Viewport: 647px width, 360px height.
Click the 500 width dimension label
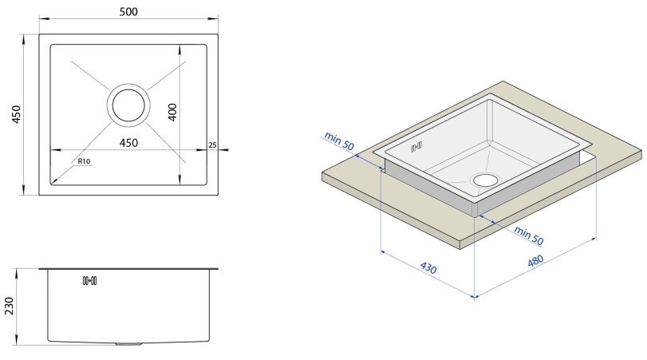click(x=128, y=11)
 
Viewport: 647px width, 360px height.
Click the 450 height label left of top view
click(x=16, y=114)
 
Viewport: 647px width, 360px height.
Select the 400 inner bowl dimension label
click(x=172, y=112)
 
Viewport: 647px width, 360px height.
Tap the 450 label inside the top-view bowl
click(x=128, y=143)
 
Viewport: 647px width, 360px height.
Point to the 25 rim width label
click(x=212, y=145)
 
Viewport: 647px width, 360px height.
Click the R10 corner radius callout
click(x=84, y=161)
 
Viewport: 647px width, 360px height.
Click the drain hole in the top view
click(x=128, y=105)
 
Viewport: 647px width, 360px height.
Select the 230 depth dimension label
click(x=9, y=306)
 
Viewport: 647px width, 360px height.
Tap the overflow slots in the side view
click(x=89, y=281)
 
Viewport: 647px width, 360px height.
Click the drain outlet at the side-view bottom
click(x=128, y=343)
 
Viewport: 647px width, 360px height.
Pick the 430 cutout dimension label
click(x=428, y=268)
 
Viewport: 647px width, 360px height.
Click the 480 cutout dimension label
click(x=535, y=261)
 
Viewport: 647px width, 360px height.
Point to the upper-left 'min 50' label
click(x=339, y=140)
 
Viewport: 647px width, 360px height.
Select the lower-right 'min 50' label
click(x=529, y=235)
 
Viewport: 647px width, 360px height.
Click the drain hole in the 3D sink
click(x=486, y=180)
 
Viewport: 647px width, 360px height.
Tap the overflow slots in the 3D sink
click(x=416, y=147)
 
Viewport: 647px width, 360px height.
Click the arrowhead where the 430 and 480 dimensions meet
click(x=475, y=295)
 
